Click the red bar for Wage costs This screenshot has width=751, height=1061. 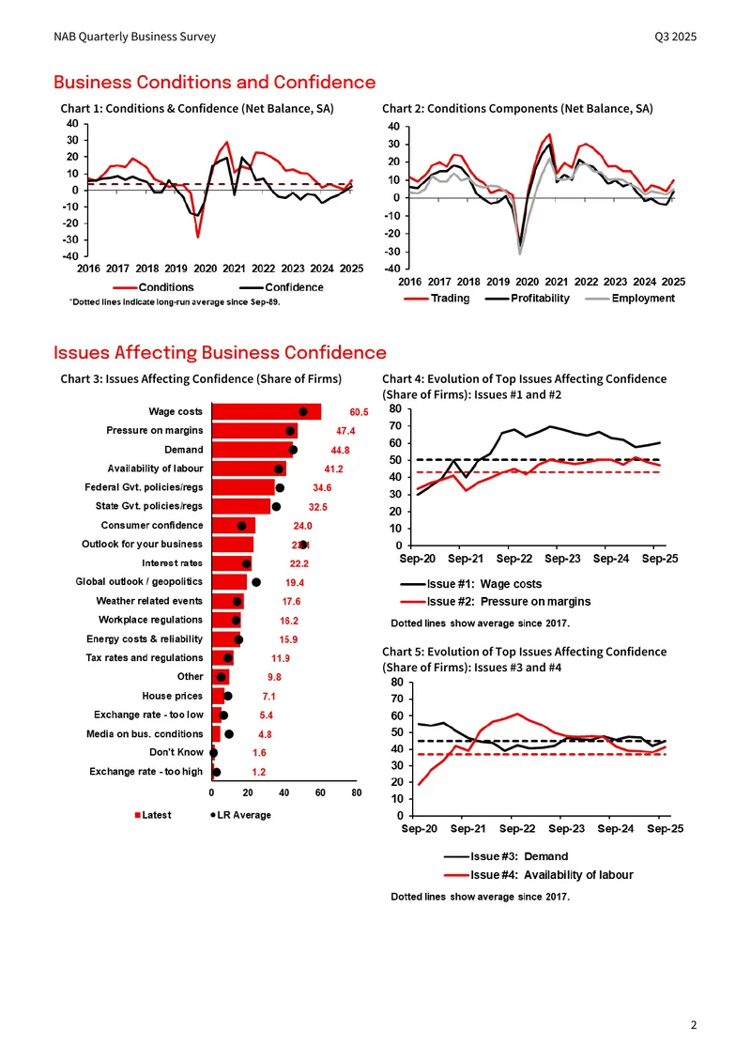tap(267, 411)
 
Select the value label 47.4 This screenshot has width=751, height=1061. tap(345, 431)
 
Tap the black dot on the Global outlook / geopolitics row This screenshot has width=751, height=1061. tap(255, 582)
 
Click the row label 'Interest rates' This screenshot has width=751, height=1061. tap(172, 563)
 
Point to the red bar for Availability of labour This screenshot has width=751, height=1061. tap(249, 469)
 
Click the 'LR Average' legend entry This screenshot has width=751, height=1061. tap(240, 815)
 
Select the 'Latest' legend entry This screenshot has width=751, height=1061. tap(153, 815)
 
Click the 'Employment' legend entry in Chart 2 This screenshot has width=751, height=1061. tap(630, 299)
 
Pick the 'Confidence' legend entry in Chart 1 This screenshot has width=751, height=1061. tap(281, 287)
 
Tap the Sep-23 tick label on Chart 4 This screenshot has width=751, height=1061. tap(562, 559)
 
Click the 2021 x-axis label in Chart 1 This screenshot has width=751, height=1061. tap(234, 269)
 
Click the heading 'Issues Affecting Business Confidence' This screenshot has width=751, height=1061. tap(220, 352)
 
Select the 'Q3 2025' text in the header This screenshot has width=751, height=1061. tap(675, 37)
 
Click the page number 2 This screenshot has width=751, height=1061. tap(694, 1025)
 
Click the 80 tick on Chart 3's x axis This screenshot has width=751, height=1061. tap(357, 793)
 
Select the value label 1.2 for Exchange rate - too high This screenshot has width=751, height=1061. tap(258, 772)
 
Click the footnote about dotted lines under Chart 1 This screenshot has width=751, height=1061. tap(175, 301)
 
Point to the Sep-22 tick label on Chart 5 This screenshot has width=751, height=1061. tap(517, 829)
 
